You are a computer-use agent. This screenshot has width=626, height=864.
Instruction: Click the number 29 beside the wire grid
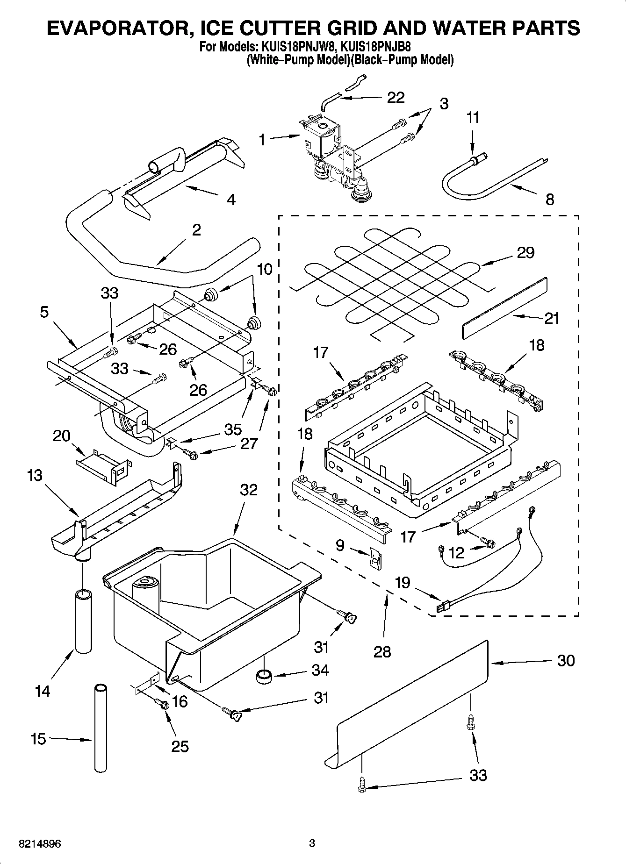pos(525,253)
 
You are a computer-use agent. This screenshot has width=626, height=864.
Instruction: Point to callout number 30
pos(566,661)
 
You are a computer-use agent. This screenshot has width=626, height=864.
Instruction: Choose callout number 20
pos(61,436)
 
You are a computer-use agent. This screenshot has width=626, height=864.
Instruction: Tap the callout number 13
pos(35,476)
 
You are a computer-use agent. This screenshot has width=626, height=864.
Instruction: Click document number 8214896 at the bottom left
pos(40,844)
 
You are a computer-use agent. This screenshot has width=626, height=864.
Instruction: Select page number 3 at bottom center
pos(312,843)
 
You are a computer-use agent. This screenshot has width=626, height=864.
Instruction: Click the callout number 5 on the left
pos(44,312)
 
